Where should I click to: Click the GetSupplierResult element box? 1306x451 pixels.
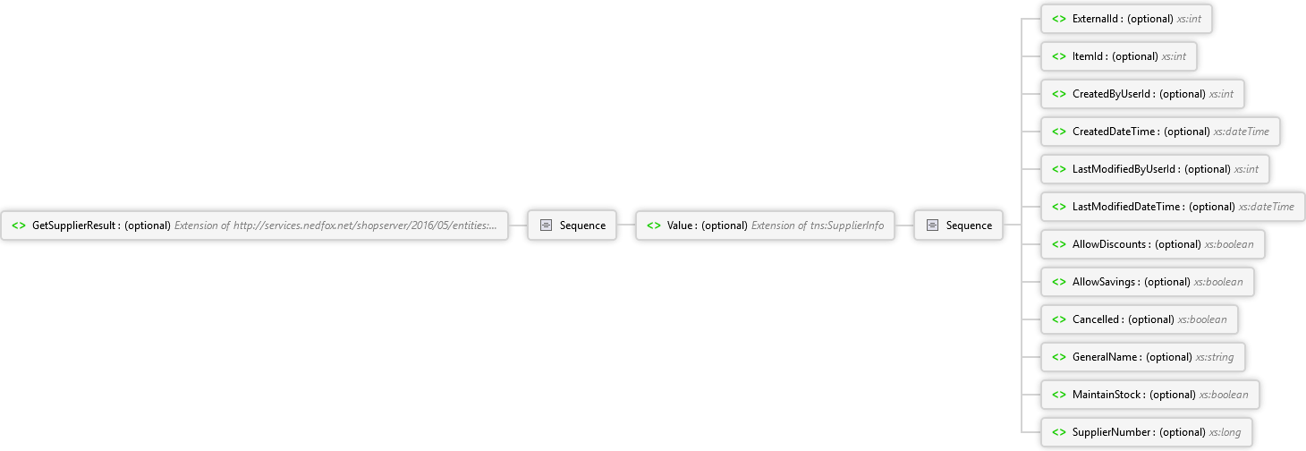pyautogui.click(x=254, y=225)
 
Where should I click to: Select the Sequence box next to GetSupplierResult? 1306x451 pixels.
pyautogui.click(x=572, y=225)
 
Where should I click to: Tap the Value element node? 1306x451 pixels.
pyautogui.click(x=765, y=225)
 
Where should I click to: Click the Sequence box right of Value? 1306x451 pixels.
pyautogui.click(x=959, y=225)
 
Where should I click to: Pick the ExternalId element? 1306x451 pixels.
pyautogui.click(x=1126, y=19)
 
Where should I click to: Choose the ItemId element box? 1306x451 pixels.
pyautogui.click(x=1119, y=56)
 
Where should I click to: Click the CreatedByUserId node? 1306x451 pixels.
pyautogui.click(x=1143, y=94)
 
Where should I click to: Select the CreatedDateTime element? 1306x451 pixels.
pyautogui.click(x=1160, y=132)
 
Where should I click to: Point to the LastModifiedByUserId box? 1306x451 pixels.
pyautogui.click(x=1155, y=169)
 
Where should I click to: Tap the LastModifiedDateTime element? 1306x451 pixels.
pyautogui.click(x=1173, y=207)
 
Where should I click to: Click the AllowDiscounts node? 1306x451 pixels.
pyautogui.click(x=1153, y=244)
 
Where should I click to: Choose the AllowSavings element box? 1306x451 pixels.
pyautogui.click(x=1148, y=282)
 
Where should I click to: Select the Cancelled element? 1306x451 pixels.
pyautogui.click(x=1140, y=319)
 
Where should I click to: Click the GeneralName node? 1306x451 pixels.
pyautogui.click(x=1143, y=357)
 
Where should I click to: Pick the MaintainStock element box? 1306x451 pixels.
pyautogui.click(x=1150, y=395)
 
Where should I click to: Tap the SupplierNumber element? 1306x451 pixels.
pyautogui.click(x=1146, y=432)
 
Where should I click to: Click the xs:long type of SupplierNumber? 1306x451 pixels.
pyautogui.click(x=1225, y=432)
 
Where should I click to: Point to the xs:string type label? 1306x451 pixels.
pyautogui.click(x=1215, y=357)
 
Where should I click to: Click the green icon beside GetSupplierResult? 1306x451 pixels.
pyautogui.click(x=19, y=225)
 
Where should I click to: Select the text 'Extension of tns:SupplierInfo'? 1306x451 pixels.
pyautogui.click(x=818, y=225)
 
